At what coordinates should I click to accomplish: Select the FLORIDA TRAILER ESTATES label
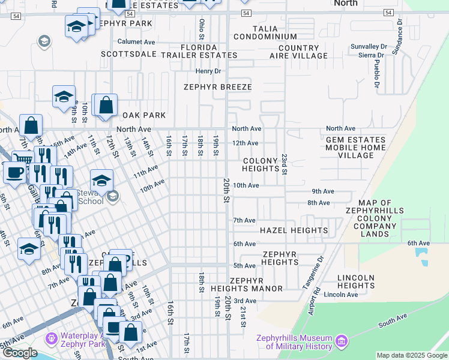click(x=199, y=51)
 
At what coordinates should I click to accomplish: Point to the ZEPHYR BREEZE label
click(x=217, y=86)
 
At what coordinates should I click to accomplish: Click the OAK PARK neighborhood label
click(x=143, y=115)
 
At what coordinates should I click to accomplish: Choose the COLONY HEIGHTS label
click(x=261, y=165)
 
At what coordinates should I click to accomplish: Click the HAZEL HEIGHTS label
click(x=294, y=230)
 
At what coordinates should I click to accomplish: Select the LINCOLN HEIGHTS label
click(x=356, y=281)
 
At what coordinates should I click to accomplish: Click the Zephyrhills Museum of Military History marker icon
click(x=342, y=341)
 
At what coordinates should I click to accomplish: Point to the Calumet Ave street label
click(x=136, y=42)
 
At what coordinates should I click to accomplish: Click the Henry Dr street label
click(x=208, y=71)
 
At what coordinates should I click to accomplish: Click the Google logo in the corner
click(x=19, y=353)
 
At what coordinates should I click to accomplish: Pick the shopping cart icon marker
click(x=23, y=160)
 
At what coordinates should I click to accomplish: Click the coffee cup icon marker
click(x=14, y=172)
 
